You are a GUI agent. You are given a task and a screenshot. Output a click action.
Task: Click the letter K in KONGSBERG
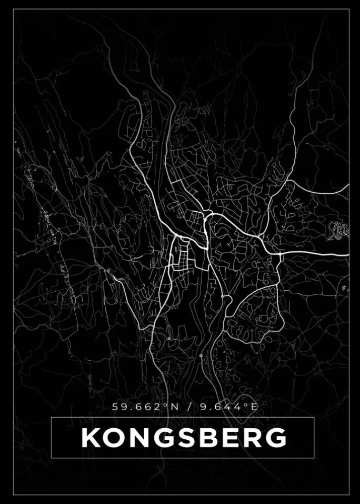point(91,438)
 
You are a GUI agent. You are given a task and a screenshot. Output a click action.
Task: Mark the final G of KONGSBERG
point(274,438)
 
